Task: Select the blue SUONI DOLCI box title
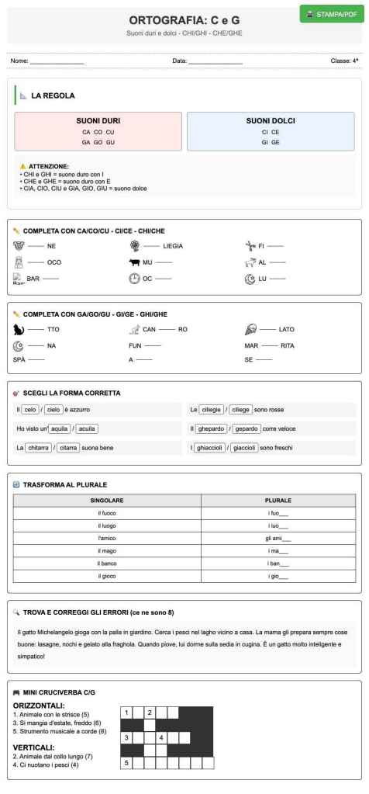(271, 121)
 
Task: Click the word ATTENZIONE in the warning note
(49, 166)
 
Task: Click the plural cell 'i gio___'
(278, 575)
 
